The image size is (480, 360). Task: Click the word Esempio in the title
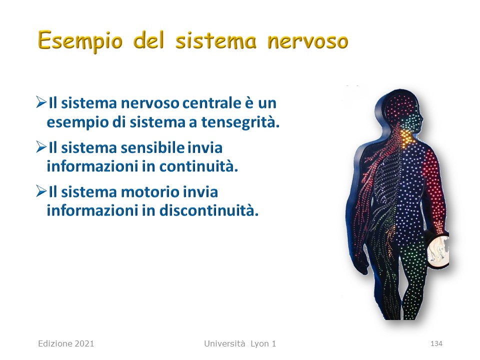80,40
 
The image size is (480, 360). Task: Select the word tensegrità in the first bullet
240,122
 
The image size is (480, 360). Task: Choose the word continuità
198,166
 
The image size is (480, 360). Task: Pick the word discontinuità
209,210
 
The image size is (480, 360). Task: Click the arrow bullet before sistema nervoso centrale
41,102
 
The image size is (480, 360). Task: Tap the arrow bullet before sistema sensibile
41,147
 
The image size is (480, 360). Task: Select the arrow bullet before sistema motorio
41,191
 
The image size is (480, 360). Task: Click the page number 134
436,344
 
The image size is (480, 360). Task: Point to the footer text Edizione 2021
66,344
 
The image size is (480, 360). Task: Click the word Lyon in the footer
259,344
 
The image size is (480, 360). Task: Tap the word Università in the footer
224,344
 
